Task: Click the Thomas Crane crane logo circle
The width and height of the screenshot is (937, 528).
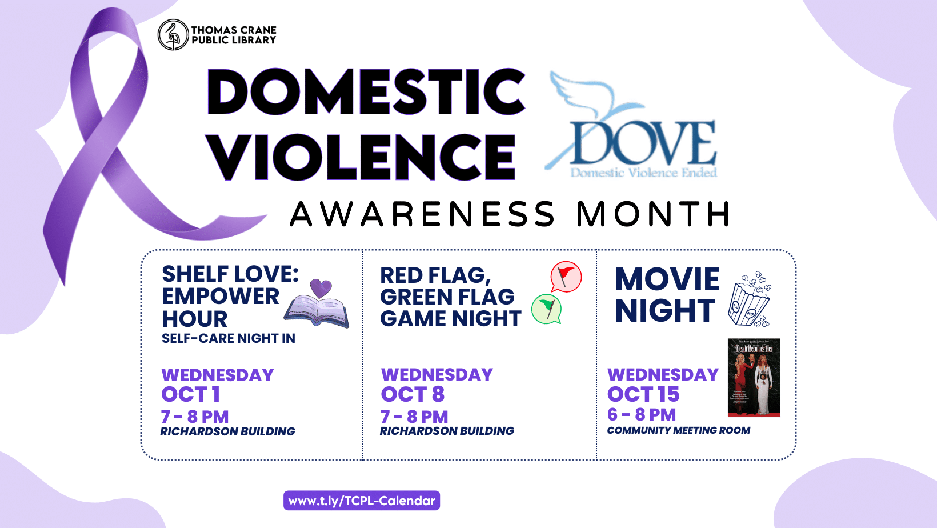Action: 173,35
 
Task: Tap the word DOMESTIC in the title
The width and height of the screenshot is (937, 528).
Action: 366,91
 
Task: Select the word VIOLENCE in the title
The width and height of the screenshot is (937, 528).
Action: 361,157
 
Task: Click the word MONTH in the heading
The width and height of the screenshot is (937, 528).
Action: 653,214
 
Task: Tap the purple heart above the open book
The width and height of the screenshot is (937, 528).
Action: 321,287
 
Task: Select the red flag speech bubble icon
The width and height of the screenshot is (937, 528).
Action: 566,277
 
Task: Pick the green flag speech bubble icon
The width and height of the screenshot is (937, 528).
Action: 547,309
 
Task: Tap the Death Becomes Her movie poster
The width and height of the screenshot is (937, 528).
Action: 754,378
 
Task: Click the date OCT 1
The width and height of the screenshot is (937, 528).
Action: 191,394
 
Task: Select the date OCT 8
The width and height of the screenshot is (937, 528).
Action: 413,394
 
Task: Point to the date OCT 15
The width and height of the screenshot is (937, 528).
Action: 643,394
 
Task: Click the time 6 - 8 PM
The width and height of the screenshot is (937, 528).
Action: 642,414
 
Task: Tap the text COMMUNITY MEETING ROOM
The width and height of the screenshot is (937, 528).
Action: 678,430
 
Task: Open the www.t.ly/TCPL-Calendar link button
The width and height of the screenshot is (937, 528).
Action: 362,501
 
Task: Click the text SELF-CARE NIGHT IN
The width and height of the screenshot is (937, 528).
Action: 229,338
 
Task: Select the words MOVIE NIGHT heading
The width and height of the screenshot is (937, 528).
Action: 666,295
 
